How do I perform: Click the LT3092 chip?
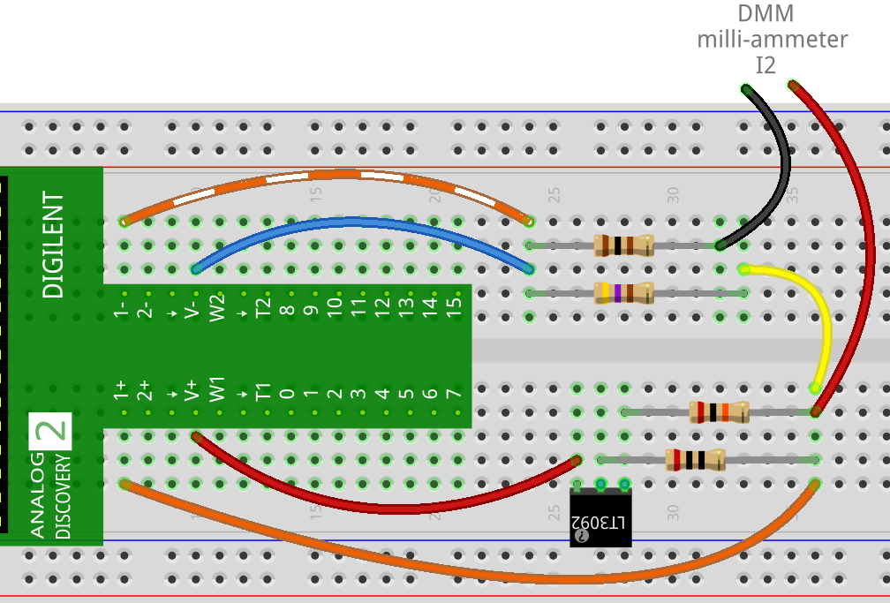point(600,520)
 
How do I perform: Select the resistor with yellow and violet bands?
point(623,292)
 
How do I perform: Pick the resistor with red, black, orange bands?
point(719,411)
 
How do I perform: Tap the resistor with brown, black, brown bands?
point(623,245)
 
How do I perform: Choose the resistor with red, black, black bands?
point(694,459)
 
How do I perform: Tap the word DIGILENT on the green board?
point(54,245)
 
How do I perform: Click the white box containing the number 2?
point(49,431)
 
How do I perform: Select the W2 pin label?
point(217,307)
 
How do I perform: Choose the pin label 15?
point(455,307)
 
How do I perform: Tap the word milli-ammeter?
point(772,39)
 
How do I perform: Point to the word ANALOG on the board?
point(37,494)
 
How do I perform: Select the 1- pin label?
point(122,307)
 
